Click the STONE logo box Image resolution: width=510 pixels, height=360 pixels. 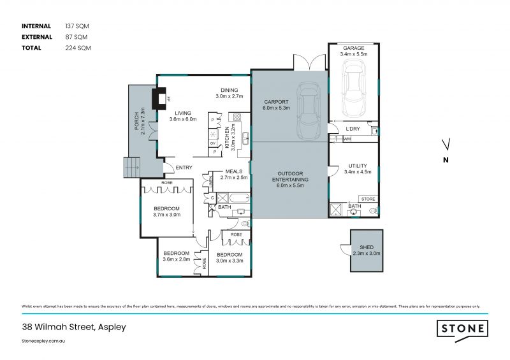[463, 329]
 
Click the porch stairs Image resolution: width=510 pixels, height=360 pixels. [131, 169]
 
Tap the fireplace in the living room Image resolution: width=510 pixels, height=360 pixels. [157, 99]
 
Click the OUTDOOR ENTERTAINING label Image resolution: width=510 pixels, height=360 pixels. [290, 176]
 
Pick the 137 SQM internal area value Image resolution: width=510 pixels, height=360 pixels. [77, 26]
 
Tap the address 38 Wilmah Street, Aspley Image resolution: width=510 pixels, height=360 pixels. [73, 327]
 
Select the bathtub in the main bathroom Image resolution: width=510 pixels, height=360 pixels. [240, 199]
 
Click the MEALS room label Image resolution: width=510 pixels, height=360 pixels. [233, 171]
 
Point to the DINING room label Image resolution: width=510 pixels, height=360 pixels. [229, 90]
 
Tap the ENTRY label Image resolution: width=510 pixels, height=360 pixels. [184, 168]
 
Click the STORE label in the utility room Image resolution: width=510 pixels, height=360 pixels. [368, 199]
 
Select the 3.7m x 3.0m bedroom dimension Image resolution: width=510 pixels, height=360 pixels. [166, 215]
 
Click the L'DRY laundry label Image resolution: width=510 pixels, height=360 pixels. [353, 129]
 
